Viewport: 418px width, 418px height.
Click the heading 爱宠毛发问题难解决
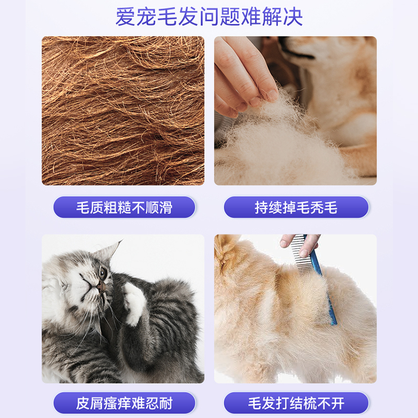click(x=209, y=17)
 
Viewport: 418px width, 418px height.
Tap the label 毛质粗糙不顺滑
click(x=124, y=207)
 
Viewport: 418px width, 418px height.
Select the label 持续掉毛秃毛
click(x=296, y=207)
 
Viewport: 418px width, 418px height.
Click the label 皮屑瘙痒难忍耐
click(x=124, y=403)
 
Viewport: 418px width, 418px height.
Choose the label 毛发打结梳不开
click(x=296, y=403)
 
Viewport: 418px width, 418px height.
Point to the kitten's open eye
click(x=102, y=273)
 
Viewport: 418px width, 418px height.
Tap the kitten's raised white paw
click(x=135, y=303)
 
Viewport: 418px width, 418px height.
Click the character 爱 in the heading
click(x=125, y=17)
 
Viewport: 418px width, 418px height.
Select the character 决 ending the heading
click(x=293, y=17)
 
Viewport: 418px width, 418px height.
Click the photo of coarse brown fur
click(x=123, y=111)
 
